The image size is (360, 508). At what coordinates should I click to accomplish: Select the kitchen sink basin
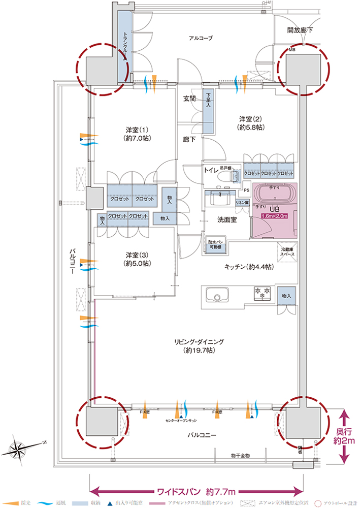(217, 296)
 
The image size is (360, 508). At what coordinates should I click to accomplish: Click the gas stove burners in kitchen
(264, 293)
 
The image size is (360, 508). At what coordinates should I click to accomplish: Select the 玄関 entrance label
(189, 99)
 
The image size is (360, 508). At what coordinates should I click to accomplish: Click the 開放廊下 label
(300, 30)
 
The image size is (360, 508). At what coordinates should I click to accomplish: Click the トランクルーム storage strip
(123, 46)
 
